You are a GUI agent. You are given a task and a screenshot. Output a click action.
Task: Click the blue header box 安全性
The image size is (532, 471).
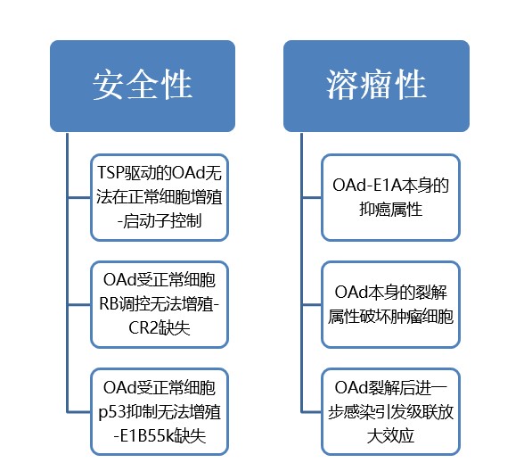point(143,86)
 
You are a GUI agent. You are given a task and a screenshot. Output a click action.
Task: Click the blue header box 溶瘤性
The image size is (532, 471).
point(376,86)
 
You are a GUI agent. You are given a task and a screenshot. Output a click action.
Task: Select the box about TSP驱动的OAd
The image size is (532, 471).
point(160,197)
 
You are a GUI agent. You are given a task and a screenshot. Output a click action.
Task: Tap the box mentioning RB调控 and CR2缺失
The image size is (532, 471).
point(160,304)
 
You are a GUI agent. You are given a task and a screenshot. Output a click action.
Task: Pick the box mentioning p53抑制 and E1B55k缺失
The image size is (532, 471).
point(160,411)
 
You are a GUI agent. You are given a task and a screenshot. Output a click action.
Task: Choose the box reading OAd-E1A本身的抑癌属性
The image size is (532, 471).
point(390,197)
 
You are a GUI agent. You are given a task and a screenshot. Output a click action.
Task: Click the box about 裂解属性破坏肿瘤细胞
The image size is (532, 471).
point(390,304)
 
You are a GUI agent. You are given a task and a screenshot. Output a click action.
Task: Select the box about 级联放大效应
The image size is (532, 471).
point(390,411)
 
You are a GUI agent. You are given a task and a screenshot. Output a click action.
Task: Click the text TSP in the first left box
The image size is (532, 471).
point(110,172)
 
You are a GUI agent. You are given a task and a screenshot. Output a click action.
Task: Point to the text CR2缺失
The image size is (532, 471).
point(160,328)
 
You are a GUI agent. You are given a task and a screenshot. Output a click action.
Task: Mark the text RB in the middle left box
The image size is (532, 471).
point(109,304)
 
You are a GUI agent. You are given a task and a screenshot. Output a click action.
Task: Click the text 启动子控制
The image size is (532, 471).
point(162,221)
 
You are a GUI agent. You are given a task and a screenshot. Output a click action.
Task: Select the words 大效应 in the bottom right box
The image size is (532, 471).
point(390,435)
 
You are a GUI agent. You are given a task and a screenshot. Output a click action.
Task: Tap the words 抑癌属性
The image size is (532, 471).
point(391,209)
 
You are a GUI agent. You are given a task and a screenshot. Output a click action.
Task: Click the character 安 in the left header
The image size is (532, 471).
point(108,85)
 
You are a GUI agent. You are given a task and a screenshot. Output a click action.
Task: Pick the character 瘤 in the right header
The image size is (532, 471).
point(376,85)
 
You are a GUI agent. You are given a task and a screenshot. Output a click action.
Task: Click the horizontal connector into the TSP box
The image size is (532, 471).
point(79,197)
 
